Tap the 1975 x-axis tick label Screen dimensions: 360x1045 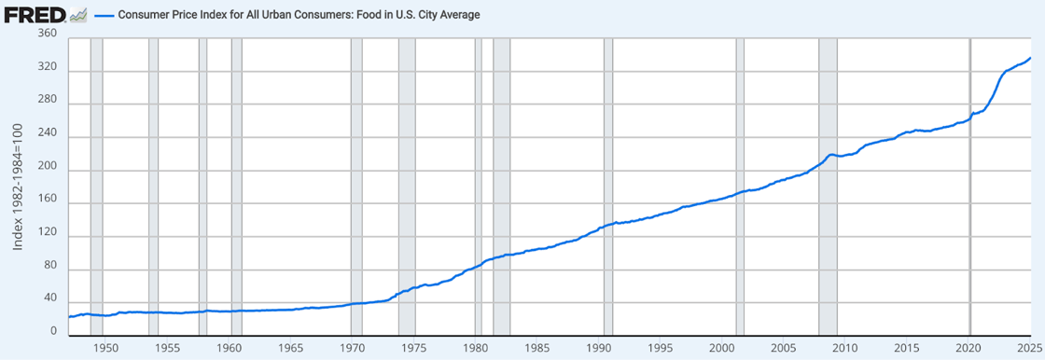pos(413,348)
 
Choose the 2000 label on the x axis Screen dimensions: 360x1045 pos(721,348)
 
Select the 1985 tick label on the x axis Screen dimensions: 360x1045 pos(536,348)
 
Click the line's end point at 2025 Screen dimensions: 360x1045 pos(1030,58)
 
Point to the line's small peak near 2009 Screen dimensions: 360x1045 pos(831,154)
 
